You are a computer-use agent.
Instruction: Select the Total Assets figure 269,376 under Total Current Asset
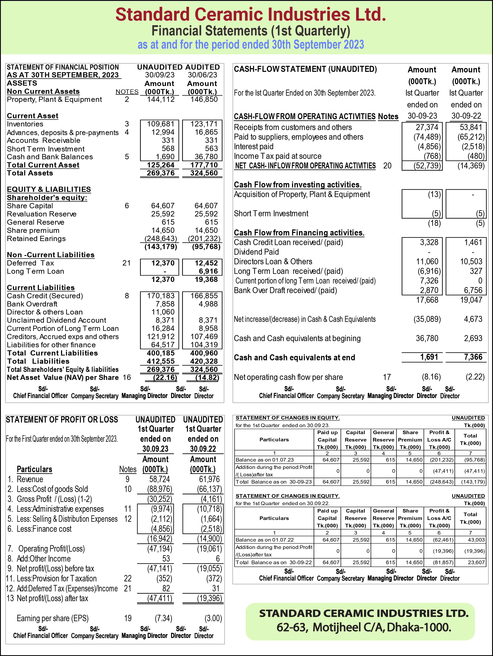pyautogui.click(x=160, y=173)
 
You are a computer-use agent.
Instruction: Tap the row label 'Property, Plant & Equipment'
pyautogui.click(x=54, y=100)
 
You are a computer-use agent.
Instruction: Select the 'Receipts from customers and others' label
pyautogui.click(x=293, y=127)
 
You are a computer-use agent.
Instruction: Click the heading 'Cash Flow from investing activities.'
pyautogui.click(x=298, y=185)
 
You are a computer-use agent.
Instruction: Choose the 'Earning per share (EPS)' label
pyautogui.click(x=52, y=618)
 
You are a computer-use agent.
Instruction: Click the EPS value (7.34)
pyautogui.click(x=163, y=618)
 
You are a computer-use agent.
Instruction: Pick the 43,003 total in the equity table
pyautogui.click(x=476, y=540)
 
